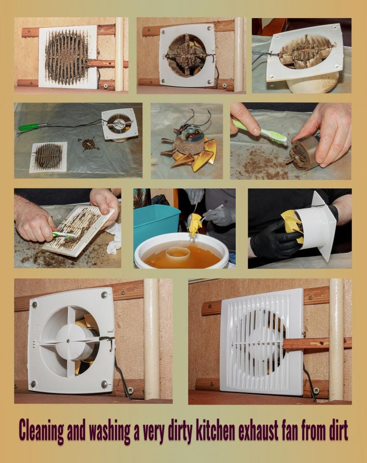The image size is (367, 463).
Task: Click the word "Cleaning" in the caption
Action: pos(42,431)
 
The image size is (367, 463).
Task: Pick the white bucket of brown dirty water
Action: pos(182,251)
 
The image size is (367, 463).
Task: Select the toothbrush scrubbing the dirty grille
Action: pos(64,236)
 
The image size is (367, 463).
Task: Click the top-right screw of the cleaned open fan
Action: pos(104,294)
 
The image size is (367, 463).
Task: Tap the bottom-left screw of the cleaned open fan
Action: pos(33,384)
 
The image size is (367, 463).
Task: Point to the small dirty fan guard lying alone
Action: pos(88,144)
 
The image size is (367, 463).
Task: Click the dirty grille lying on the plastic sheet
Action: pos(48,157)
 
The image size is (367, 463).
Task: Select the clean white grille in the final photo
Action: pos(262,342)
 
